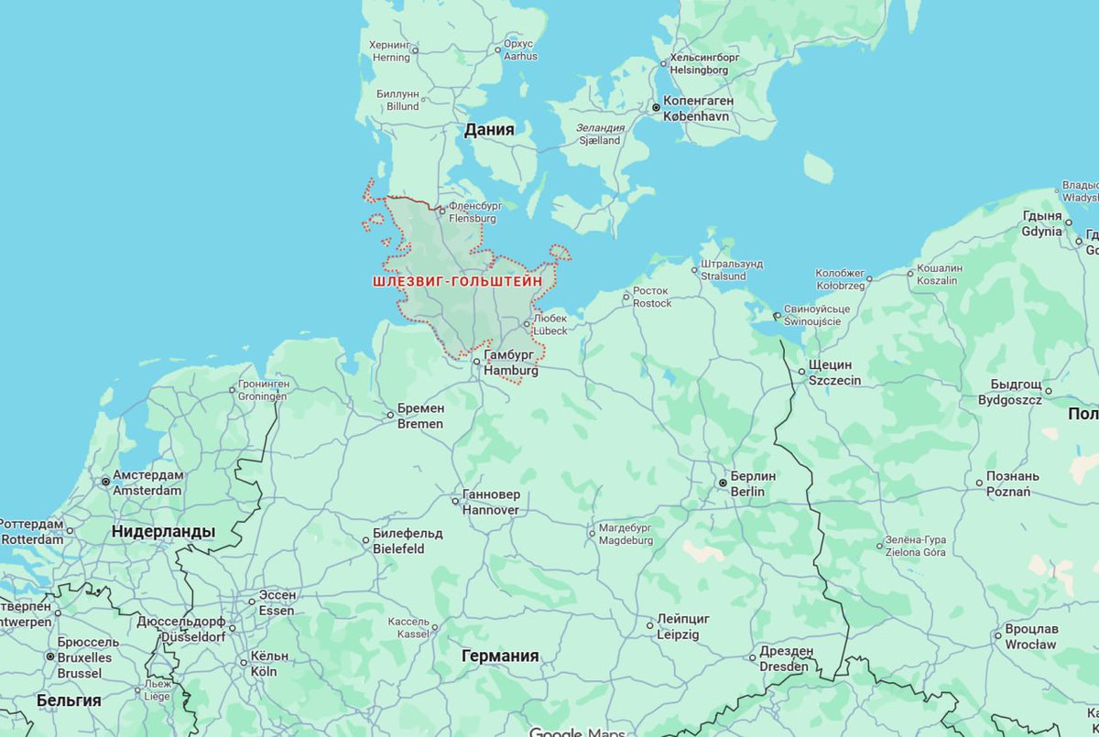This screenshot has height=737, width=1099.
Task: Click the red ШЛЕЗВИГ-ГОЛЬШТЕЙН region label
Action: [x=457, y=282]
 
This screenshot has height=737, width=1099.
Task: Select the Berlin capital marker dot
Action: [x=723, y=482]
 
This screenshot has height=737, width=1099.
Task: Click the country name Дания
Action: [x=489, y=130]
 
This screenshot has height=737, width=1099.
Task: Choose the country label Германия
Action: [x=500, y=656]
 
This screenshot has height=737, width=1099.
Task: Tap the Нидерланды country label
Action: [x=163, y=531]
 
